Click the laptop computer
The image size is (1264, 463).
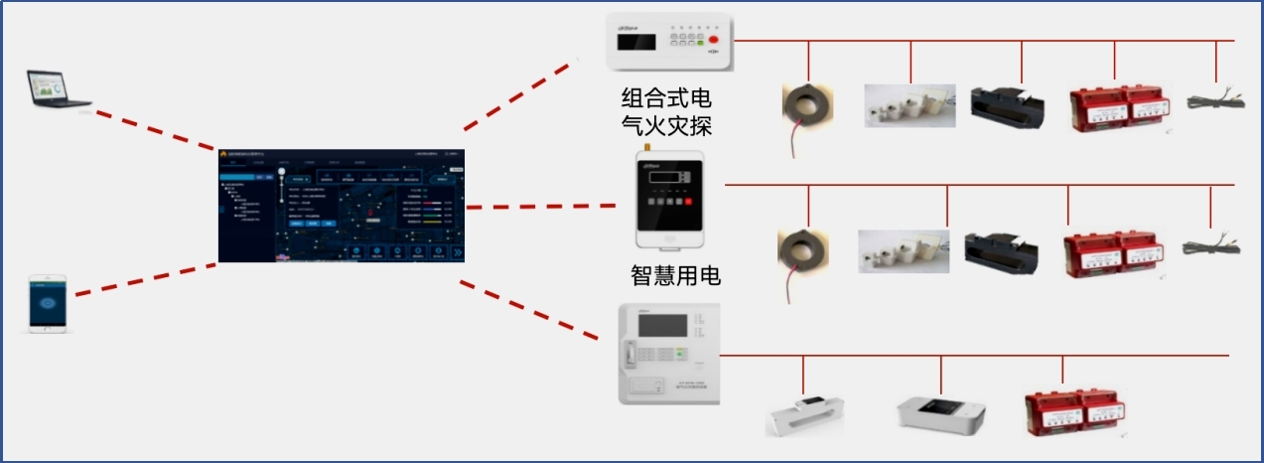point(59,89)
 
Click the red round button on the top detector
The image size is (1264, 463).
point(713,39)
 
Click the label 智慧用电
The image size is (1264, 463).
point(675,275)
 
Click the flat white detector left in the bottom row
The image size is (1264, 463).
point(804,416)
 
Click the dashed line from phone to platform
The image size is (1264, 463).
point(145,279)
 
